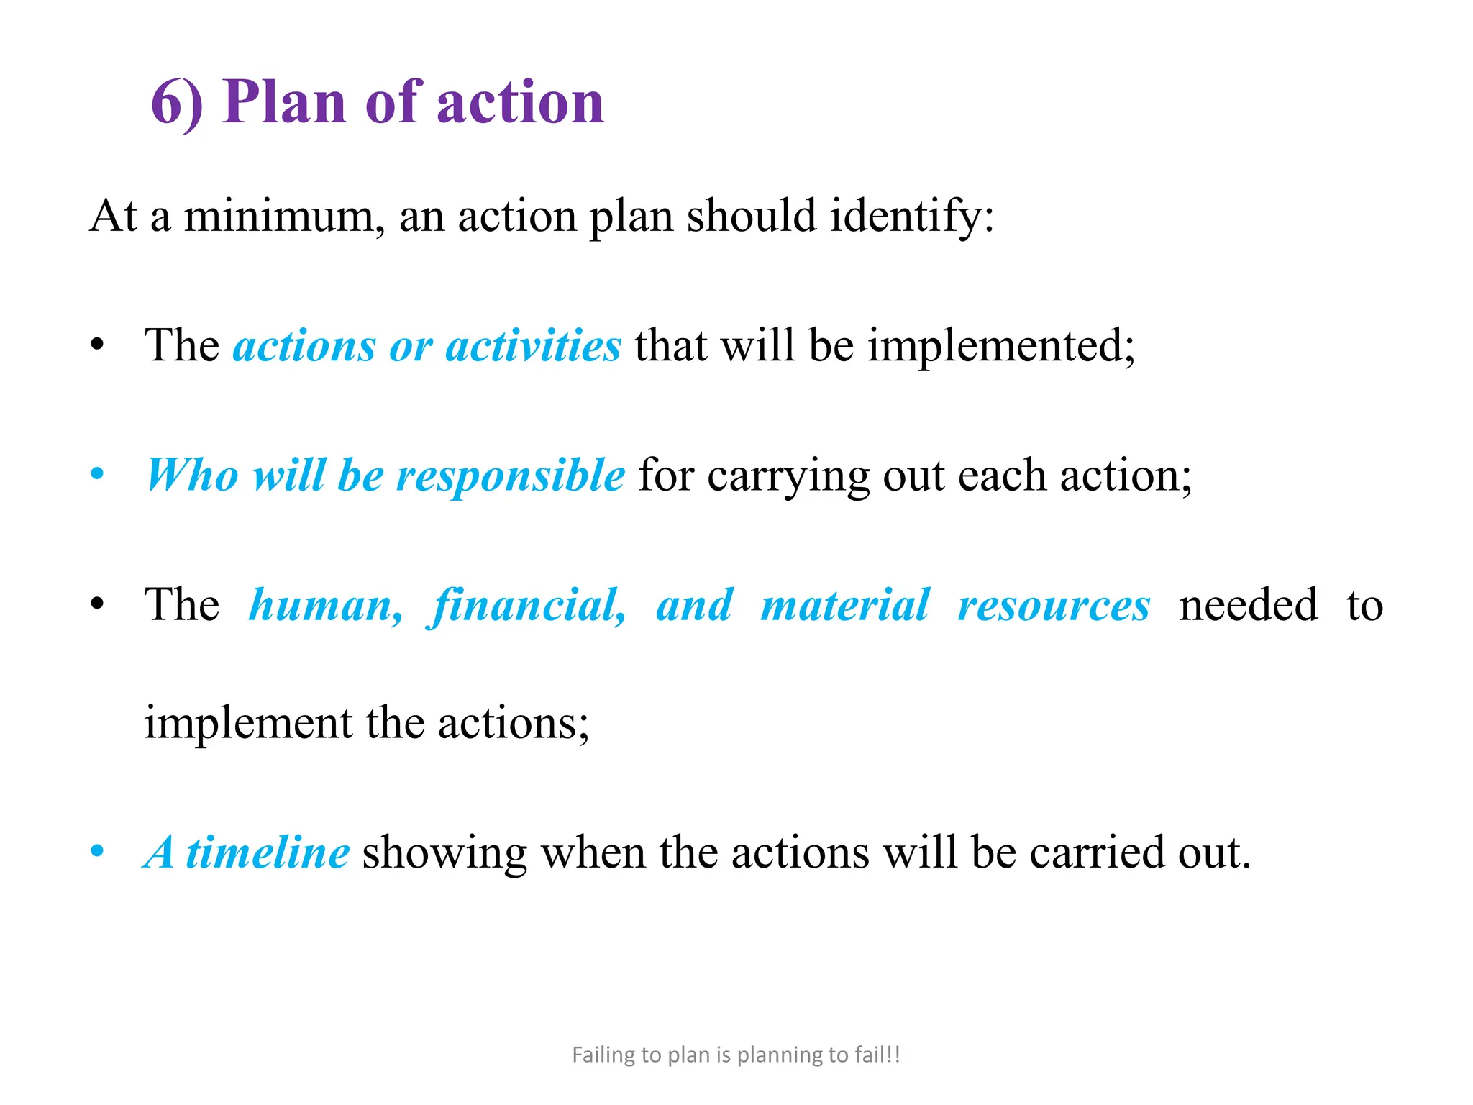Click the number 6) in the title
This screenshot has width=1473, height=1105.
[x=177, y=103]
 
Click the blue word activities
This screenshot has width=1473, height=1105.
[x=533, y=345]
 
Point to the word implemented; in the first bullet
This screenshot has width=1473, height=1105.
[x=1000, y=347]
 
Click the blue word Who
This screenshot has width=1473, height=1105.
[x=192, y=475]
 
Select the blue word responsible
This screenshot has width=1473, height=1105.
[x=511, y=476]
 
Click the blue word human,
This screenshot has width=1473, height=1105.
[x=325, y=606]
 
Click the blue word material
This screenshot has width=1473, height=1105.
[x=845, y=605]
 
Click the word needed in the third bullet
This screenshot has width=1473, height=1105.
[x=1249, y=605]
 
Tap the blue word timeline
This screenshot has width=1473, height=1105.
[x=268, y=852]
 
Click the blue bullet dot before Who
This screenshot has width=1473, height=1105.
[x=97, y=475]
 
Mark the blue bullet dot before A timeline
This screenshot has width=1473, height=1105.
[x=97, y=852]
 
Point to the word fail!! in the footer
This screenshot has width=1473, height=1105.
[x=877, y=1055]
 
